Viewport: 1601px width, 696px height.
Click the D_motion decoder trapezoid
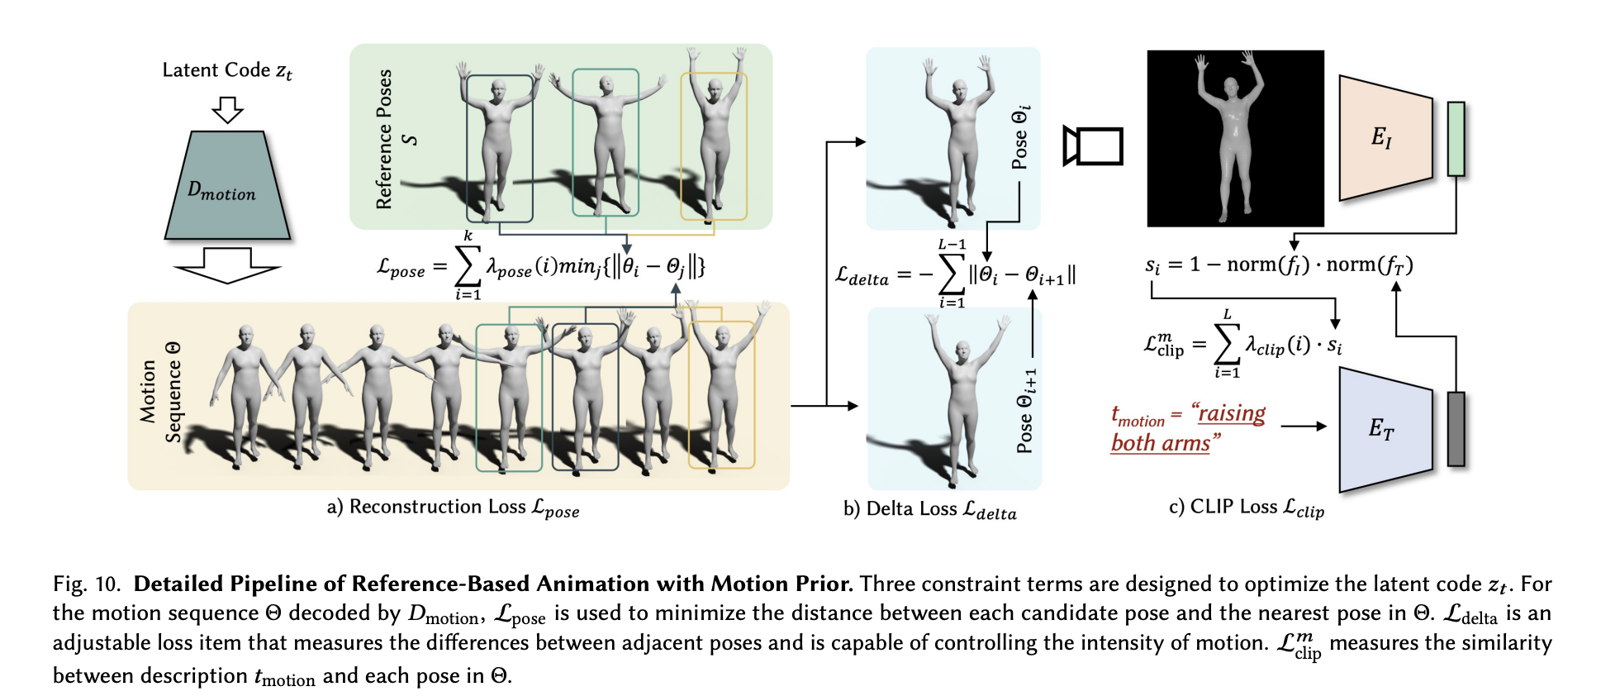(227, 187)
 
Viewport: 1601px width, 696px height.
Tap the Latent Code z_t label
(226, 71)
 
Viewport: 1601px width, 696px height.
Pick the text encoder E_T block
(1385, 429)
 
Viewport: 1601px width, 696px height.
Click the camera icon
(1092, 146)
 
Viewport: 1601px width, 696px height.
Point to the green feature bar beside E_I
(1456, 138)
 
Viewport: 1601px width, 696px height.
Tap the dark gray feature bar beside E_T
(1456, 428)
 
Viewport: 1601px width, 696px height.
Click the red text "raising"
(1232, 413)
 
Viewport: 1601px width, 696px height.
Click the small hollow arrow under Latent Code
(227, 110)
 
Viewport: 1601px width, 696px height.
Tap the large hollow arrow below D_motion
(227, 265)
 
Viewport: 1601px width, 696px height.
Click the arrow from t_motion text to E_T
(1303, 426)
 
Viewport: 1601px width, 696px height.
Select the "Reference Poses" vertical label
(384, 139)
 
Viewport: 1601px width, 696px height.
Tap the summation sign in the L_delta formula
(953, 274)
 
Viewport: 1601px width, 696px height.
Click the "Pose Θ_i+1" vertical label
(1025, 411)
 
